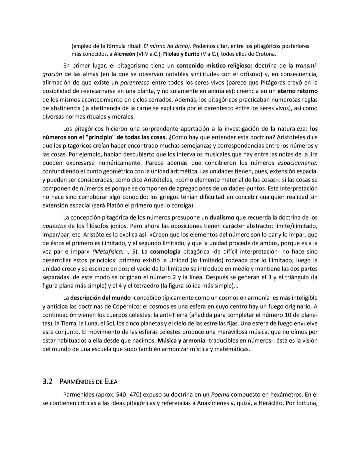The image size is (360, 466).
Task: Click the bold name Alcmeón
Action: click(x=124, y=54)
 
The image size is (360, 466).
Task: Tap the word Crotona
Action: click(x=264, y=54)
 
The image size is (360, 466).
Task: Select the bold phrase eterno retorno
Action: click(x=297, y=91)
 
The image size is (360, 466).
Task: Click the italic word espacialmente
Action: click(x=297, y=163)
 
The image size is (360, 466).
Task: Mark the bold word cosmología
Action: click(x=165, y=252)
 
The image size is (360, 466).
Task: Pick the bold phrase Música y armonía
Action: click(x=181, y=341)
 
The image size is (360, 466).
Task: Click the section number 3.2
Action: click(x=48, y=382)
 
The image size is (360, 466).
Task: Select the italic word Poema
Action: click(x=220, y=395)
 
